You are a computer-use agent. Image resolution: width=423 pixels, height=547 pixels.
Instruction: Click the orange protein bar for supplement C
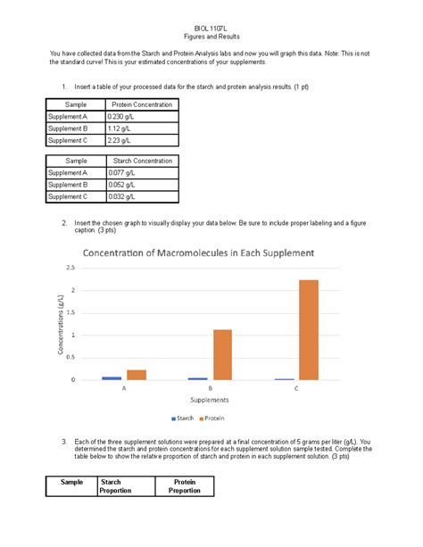308,330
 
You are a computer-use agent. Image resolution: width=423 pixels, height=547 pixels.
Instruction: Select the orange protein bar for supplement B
223,354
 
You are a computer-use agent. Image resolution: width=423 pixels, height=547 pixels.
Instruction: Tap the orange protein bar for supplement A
137,375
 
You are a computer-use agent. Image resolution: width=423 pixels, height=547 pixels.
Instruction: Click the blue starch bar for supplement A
112,378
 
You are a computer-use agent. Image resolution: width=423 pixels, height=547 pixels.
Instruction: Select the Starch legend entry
182,418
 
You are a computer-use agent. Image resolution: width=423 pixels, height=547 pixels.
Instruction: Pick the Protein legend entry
213,418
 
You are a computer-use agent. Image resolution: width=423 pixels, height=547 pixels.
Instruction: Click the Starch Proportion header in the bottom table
117,486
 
